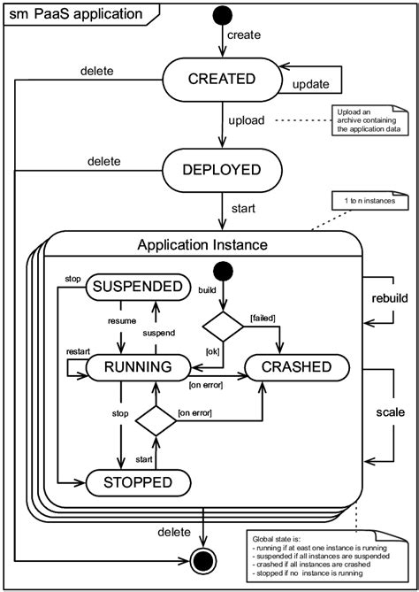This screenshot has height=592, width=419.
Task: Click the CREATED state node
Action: point(221,79)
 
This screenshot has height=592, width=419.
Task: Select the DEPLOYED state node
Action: point(221,169)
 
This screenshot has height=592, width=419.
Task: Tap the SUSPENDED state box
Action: point(139,286)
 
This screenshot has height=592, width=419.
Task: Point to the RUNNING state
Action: point(140,367)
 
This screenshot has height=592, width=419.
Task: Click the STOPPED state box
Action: point(140,482)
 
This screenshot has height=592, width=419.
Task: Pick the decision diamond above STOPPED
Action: point(156,420)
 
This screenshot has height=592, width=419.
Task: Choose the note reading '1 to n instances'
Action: point(365,203)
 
